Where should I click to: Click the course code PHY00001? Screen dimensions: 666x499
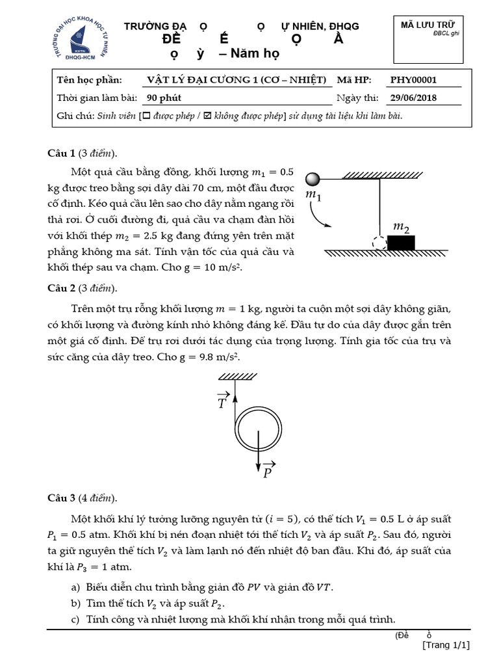coord(413,81)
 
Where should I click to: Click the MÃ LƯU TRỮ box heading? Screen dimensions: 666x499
coord(427,25)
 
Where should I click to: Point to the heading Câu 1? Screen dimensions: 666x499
coord(62,153)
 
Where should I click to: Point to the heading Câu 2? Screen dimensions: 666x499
coord(62,289)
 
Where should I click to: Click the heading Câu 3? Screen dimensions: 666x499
coord(62,499)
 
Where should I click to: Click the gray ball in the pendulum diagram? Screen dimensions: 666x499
coord(313,178)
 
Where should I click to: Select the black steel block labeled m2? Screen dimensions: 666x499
coord(401,243)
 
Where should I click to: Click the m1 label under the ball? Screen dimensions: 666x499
coord(312,194)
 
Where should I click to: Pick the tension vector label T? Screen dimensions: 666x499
coord(223,401)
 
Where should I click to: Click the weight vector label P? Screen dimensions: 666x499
coord(267,472)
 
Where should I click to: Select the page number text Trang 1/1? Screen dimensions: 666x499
coord(446,645)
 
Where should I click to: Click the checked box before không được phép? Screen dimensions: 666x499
coord(207,116)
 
